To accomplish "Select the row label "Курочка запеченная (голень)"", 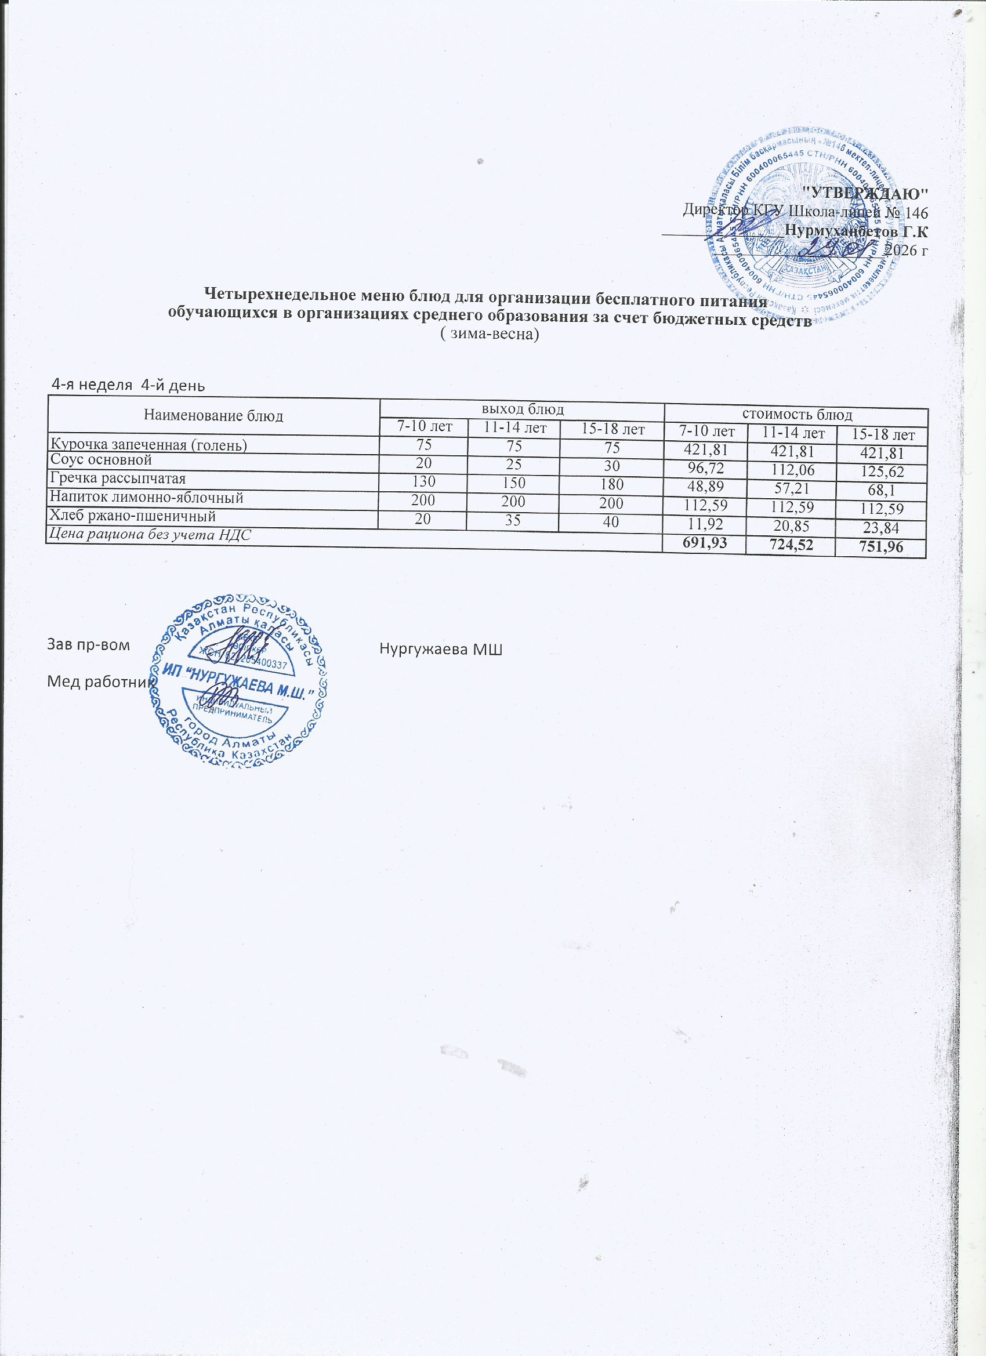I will pos(149,445).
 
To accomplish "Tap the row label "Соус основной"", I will pos(101,461).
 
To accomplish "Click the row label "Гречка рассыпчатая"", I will pos(118,479).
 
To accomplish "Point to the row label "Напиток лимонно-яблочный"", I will pos(147,498).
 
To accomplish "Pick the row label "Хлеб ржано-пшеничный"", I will pos(133,516).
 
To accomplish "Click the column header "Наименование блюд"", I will pos(213,416).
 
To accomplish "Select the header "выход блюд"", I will pos(523,409).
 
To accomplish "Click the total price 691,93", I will pos(707,543).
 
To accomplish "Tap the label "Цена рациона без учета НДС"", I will pos(150,535).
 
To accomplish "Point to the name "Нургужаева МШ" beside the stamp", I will pos(441,650).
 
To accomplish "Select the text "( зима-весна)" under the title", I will pos(490,335).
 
